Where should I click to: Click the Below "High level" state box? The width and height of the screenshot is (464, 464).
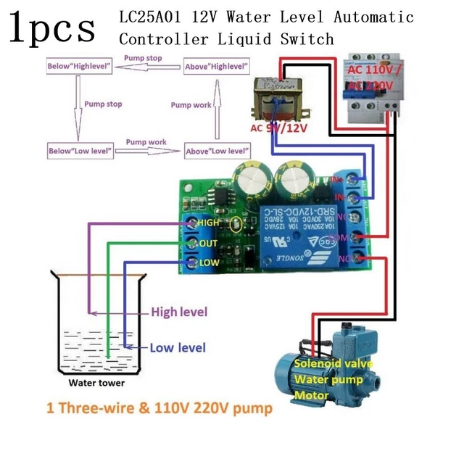click(78, 67)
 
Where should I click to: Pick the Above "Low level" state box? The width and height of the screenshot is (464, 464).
click(215, 151)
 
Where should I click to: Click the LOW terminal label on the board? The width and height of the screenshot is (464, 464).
click(209, 262)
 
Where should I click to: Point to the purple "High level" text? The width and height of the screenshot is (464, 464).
click(179, 312)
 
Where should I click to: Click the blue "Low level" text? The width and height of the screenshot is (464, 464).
click(178, 347)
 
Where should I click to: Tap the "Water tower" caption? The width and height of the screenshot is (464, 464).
click(96, 383)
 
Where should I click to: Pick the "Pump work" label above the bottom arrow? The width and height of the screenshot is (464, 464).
click(146, 142)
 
